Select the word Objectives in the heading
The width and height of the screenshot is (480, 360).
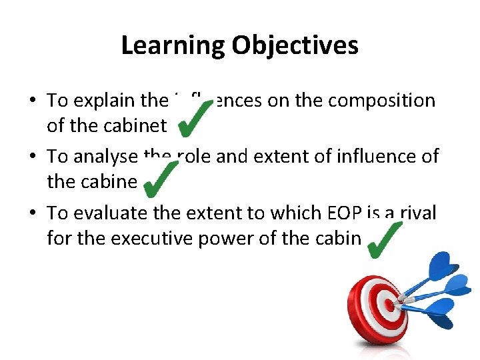[295, 46]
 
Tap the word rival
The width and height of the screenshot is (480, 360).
[417, 213]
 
